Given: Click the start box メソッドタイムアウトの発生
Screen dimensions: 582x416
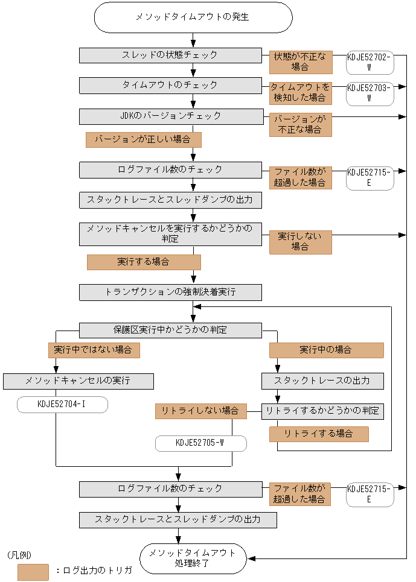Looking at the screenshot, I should [x=193, y=17].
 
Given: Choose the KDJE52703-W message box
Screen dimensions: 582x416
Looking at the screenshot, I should [x=369, y=91].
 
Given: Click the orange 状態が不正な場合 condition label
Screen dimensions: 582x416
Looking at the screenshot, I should [x=300, y=61].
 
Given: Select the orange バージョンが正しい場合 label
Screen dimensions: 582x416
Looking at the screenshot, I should [x=143, y=140].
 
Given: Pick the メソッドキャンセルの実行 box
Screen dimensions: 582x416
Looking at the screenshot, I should [x=78, y=381].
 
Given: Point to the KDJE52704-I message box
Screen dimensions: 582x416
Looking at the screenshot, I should [x=62, y=405].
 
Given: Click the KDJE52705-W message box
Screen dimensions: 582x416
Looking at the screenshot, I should [x=200, y=443].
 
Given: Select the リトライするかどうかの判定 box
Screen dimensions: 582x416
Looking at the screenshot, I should [x=322, y=411].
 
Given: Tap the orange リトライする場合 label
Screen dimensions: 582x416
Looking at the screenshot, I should [x=318, y=434].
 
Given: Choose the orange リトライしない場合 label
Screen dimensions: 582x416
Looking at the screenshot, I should [x=200, y=411].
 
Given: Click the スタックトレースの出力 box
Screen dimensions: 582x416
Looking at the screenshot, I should [x=322, y=381].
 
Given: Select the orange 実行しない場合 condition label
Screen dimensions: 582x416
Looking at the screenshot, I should [x=300, y=242].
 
